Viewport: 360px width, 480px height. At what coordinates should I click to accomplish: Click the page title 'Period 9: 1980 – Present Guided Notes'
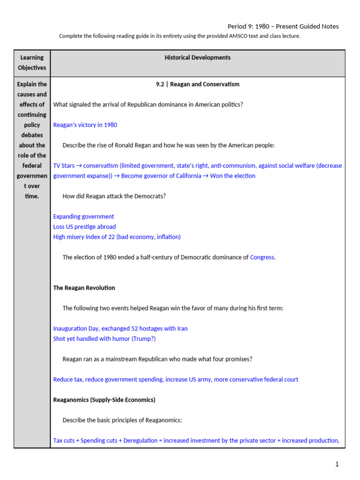(x=283, y=26)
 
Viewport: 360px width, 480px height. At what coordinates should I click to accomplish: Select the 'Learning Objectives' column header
(x=32, y=63)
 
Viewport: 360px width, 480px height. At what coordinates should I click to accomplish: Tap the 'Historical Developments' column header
(x=197, y=58)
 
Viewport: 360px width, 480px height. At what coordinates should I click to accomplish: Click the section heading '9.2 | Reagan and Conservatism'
(x=197, y=84)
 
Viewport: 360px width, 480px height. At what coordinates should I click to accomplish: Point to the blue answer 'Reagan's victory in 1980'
(x=85, y=125)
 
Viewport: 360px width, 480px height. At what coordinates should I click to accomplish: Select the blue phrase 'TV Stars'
(x=64, y=165)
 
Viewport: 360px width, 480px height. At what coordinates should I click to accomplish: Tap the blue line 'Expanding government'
(x=83, y=217)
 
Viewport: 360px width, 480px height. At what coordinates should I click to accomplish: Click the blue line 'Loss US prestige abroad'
(x=84, y=227)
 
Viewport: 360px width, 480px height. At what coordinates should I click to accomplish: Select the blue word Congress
(x=262, y=257)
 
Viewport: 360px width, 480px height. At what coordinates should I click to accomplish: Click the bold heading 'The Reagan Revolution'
(x=84, y=288)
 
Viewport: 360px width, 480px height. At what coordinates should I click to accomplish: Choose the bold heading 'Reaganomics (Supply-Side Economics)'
(x=104, y=400)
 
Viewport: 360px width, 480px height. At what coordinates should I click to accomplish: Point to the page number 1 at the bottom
(x=337, y=465)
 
